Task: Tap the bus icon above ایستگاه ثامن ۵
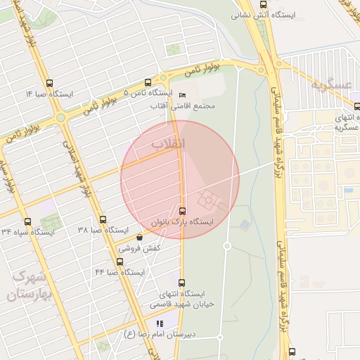tap(147, 82)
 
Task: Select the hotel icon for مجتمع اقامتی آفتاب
tap(183, 95)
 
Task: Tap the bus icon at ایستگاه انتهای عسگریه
tap(357, 107)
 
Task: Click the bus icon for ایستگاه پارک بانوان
tap(183, 210)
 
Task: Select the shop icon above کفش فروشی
tap(139, 237)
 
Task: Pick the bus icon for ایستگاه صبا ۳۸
tap(103, 220)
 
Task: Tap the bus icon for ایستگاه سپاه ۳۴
tap(27, 221)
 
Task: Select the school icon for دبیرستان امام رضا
tap(160, 323)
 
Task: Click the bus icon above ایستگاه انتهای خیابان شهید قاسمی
tap(181, 283)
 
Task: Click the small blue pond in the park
tap(244, 226)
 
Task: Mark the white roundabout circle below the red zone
tap(227, 245)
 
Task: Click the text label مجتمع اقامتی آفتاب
tap(183, 106)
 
